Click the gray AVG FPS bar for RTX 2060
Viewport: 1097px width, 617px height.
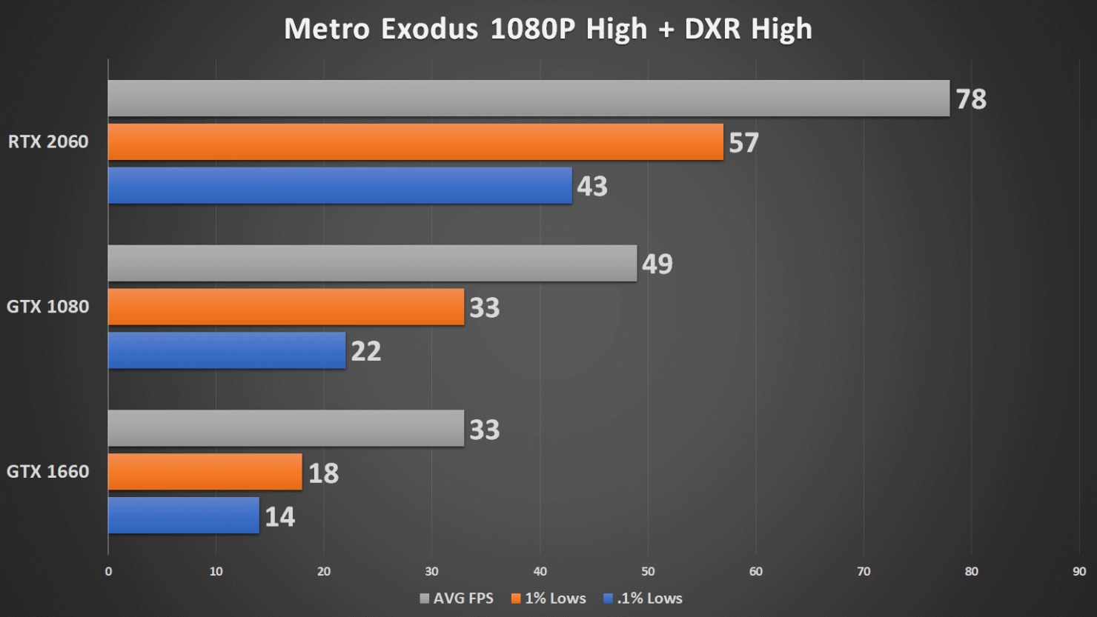point(528,99)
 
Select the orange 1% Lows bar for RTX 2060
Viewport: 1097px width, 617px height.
point(415,141)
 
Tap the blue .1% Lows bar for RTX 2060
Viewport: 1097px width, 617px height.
point(339,185)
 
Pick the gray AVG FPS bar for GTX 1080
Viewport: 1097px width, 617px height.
point(372,263)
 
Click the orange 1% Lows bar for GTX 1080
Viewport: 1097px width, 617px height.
point(286,307)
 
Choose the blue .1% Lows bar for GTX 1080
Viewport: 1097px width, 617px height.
point(227,350)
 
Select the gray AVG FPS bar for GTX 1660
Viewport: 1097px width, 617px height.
point(286,428)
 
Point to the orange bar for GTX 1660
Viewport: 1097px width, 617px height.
point(205,472)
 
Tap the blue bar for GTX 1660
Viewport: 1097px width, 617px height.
point(183,516)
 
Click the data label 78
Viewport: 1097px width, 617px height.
point(971,99)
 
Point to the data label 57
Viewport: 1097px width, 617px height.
point(743,143)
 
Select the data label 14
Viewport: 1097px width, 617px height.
point(280,517)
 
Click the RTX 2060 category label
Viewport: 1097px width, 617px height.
point(48,141)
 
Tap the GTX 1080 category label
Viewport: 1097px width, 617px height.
point(48,307)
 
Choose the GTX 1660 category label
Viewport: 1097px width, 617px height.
point(48,472)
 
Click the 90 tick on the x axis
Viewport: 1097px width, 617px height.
point(1079,571)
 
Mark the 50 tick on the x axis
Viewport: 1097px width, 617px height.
point(648,571)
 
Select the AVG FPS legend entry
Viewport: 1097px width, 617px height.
point(457,598)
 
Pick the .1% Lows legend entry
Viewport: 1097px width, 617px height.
point(643,598)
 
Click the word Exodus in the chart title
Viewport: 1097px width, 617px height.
point(429,30)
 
